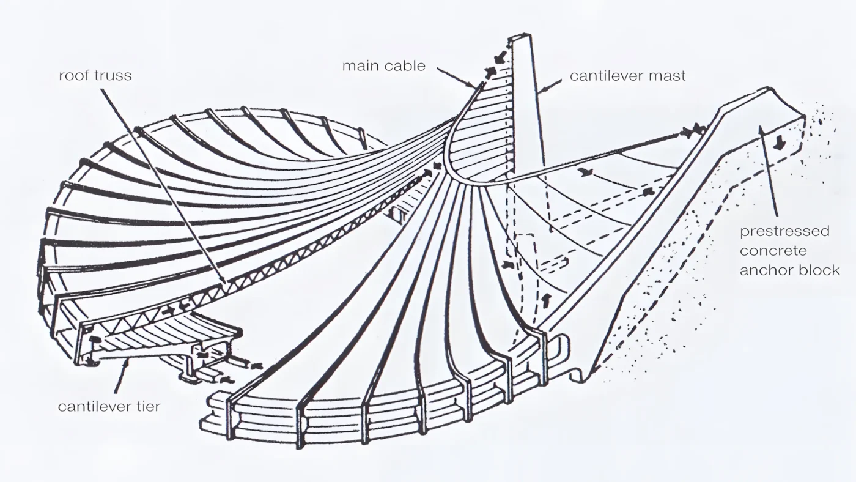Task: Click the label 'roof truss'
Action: [95, 75]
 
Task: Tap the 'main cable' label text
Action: [384, 65]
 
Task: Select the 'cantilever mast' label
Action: [627, 76]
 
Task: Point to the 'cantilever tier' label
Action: [109, 406]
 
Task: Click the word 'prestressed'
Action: [784, 232]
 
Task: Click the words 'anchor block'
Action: [790, 270]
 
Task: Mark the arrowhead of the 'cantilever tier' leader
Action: [128, 362]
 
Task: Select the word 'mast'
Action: [670, 76]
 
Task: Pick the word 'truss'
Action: [113, 75]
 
